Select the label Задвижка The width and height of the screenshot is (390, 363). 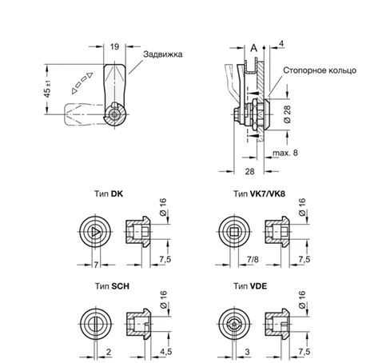coord(164,54)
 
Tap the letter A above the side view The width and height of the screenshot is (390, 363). coord(253,49)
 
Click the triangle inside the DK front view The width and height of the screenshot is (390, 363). coord(94,233)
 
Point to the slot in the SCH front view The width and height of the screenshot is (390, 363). coord(94,324)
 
